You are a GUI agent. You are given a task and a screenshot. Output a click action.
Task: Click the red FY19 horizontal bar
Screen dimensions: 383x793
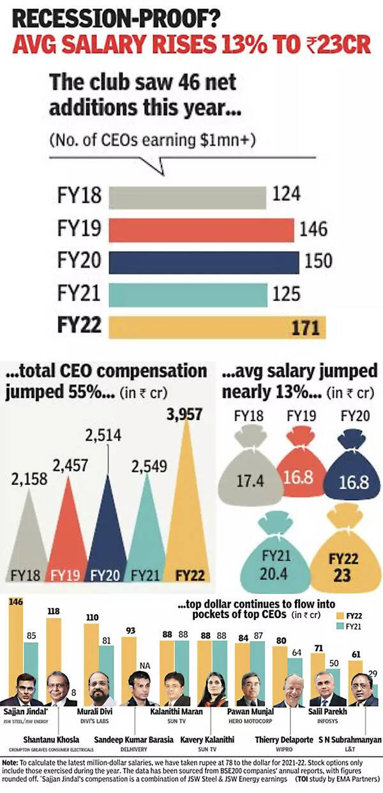click(201, 230)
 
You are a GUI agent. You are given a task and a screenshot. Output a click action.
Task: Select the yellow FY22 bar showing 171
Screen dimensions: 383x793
click(217, 328)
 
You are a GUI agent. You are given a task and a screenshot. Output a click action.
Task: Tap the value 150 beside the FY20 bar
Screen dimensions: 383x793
click(319, 261)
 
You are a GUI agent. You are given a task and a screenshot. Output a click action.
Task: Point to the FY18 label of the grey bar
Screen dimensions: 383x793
click(79, 195)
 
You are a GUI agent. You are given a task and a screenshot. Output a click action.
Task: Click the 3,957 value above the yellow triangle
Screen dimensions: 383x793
click(184, 414)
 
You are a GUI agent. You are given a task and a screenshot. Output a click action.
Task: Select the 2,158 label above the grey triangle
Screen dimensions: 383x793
click(29, 480)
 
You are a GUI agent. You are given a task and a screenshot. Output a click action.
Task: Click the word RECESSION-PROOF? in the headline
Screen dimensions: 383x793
click(115, 19)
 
